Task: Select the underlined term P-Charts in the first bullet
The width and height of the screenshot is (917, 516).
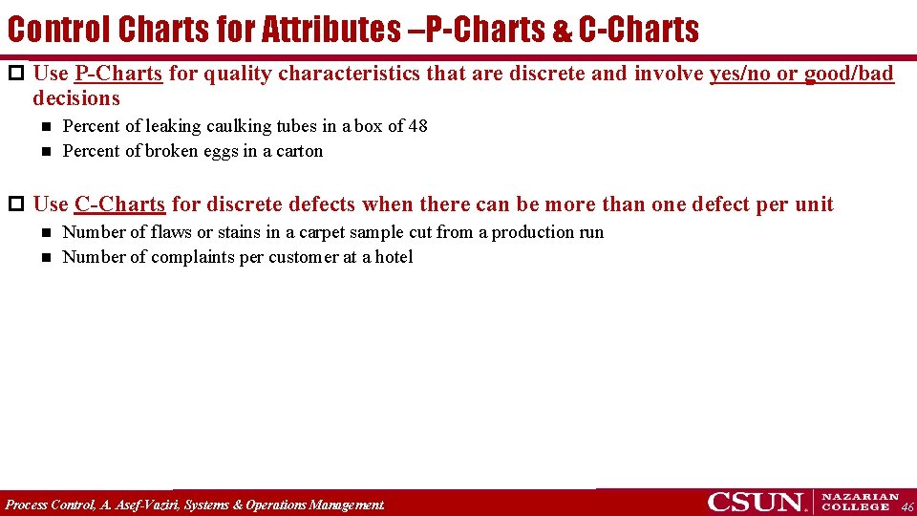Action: pyautogui.click(x=117, y=74)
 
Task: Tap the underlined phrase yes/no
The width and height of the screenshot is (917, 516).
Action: pyautogui.click(x=740, y=74)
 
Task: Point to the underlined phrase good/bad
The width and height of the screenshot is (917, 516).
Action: pyautogui.click(x=848, y=74)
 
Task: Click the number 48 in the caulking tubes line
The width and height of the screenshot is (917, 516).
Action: pyautogui.click(x=417, y=126)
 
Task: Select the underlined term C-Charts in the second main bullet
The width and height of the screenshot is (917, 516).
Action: pyautogui.click(x=119, y=204)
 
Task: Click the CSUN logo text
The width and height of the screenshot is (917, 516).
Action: pyautogui.click(x=755, y=503)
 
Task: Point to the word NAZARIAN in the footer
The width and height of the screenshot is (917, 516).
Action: pyautogui.click(x=860, y=497)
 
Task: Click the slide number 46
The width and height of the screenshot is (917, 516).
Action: pyautogui.click(x=907, y=506)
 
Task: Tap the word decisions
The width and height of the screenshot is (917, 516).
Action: pyautogui.click(x=76, y=98)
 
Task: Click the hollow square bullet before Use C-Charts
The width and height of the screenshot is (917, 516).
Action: pyautogui.click(x=14, y=204)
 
